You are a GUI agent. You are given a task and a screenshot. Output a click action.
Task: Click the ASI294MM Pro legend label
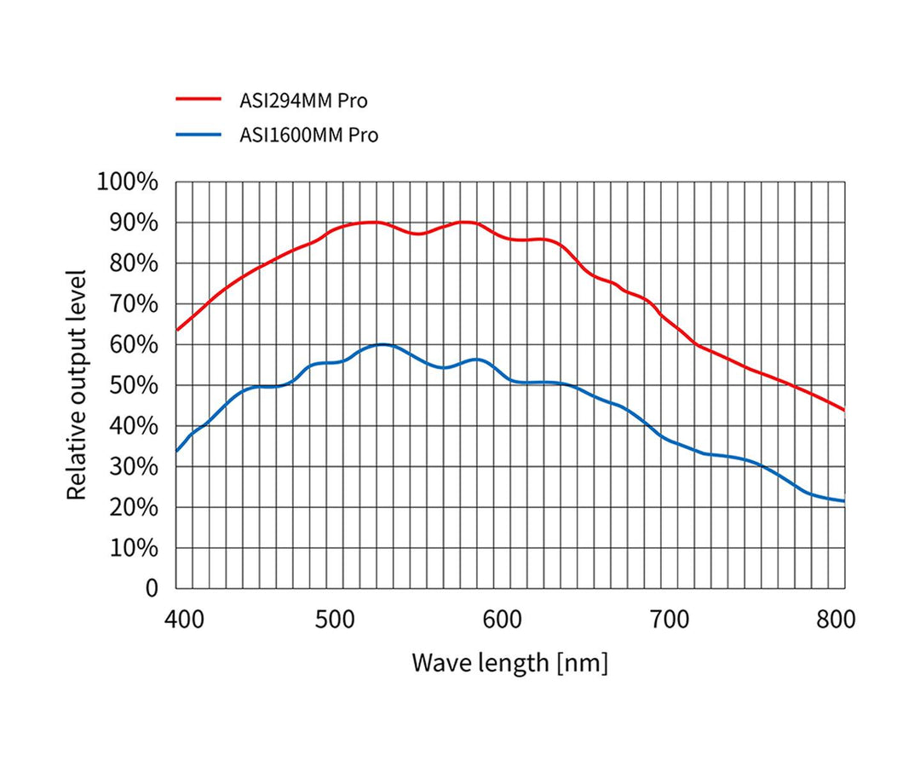click(x=303, y=101)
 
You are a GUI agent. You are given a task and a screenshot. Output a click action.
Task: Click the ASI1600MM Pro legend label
click(x=308, y=135)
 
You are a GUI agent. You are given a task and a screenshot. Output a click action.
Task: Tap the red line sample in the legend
click(x=198, y=100)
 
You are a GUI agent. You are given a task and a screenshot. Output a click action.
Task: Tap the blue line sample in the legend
click(x=198, y=135)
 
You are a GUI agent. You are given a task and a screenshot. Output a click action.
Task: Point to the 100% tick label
click(x=128, y=182)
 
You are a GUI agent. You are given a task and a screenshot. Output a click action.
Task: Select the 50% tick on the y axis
click(x=133, y=385)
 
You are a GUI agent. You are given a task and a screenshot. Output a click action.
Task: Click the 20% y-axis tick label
click(x=133, y=507)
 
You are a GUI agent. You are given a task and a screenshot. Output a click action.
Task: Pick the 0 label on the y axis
click(x=152, y=588)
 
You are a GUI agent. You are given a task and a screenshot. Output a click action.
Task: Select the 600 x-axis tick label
click(x=508, y=620)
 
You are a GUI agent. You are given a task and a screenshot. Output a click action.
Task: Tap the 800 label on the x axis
click(x=836, y=620)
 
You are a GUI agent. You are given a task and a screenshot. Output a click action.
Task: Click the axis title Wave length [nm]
click(x=509, y=662)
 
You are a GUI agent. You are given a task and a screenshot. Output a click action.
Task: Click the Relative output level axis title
click(x=78, y=385)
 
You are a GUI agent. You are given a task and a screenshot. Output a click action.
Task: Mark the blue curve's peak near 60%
click(x=382, y=344)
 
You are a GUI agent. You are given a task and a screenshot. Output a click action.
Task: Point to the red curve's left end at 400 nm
click(x=177, y=330)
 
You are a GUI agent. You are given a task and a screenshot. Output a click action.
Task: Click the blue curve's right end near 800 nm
click(x=843, y=501)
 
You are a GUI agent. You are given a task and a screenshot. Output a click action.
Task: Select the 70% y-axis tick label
click(x=133, y=303)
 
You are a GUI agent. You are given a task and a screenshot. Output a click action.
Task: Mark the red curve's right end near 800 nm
click(x=843, y=409)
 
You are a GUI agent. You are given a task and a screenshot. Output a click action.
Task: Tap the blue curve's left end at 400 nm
click(x=177, y=451)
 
